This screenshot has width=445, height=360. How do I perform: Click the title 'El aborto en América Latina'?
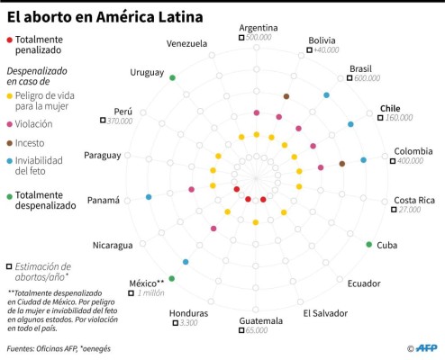point(104,16)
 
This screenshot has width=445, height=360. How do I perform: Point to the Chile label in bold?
point(389,106)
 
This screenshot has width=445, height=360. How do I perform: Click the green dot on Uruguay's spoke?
point(172,78)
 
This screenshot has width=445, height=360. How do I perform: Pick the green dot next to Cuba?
point(368,245)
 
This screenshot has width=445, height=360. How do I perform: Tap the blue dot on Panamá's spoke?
point(148,197)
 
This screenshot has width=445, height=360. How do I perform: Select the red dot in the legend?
point(9,40)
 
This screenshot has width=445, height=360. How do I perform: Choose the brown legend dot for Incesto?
point(9,142)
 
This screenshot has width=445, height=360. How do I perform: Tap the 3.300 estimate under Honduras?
point(188,323)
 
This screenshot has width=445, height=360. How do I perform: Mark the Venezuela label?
point(186,43)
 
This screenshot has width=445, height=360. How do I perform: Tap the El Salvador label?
point(324,313)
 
